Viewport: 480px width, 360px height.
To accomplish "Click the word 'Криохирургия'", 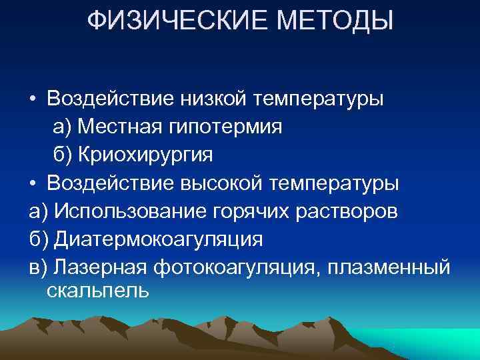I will [x=144, y=155].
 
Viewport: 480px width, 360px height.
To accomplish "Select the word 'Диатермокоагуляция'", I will [x=159, y=239].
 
